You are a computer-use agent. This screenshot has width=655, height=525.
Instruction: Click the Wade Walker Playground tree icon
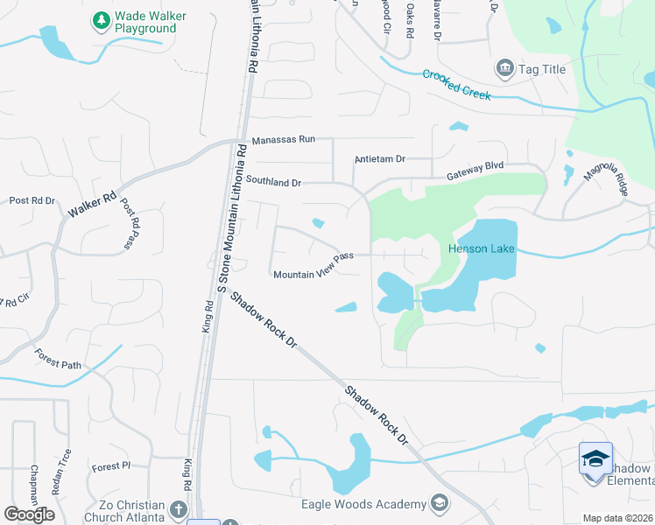tap(102, 18)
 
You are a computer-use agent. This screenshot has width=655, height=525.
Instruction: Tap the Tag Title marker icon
tap(504, 68)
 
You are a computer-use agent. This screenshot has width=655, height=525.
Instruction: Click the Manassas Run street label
tap(282, 140)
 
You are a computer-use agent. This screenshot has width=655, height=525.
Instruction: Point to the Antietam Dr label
tap(380, 159)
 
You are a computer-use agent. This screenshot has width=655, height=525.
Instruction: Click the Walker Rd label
tap(92, 206)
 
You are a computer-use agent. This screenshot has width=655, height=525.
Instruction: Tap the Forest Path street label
tap(58, 358)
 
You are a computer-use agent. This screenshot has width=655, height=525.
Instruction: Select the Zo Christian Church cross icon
tap(178, 508)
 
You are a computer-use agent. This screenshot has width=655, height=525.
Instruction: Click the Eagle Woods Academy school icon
tap(439, 503)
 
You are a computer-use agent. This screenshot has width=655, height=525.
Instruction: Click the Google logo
tap(29, 514)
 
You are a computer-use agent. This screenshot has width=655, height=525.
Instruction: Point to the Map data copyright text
tap(617, 518)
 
